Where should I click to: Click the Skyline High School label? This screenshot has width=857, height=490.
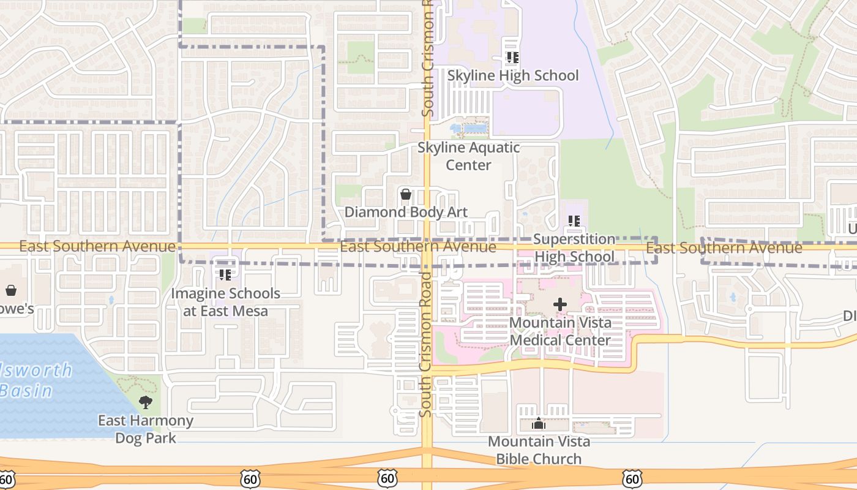[x=512, y=75]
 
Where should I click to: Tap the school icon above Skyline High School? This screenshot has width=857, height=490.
[x=512, y=58]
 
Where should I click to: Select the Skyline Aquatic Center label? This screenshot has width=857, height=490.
[x=468, y=156]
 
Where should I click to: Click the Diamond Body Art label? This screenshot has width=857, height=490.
[x=406, y=213]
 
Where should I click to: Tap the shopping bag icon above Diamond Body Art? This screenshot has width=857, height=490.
[x=405, y=195]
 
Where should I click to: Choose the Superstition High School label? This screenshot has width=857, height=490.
[x=574, y=247]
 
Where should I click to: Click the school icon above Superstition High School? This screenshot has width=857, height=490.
[x=574, y=221]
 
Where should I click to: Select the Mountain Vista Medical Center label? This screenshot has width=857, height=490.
[x=559, y=331]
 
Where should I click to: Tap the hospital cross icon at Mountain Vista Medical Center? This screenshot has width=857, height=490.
[x=559, y=304]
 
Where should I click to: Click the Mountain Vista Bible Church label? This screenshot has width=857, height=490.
[x=539, y=450]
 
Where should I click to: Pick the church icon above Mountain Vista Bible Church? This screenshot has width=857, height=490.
[x=538, y=423]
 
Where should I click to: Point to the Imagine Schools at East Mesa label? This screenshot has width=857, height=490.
[x=225, y=302]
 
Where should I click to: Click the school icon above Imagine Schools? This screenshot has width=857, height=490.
[x=225, y=275]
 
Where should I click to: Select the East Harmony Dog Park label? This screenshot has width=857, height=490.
[x=146, y=429]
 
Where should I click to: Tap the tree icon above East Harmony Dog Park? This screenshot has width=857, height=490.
[x=145, y=402]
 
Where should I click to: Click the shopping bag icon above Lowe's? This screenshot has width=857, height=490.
[x=10, y=290]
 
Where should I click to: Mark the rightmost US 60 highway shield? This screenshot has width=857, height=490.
[x=632, y=478]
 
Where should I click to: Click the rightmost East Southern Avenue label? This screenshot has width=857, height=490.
[x=724, y=248]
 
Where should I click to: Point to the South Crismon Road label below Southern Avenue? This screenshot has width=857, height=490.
[x=426, y=346]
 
